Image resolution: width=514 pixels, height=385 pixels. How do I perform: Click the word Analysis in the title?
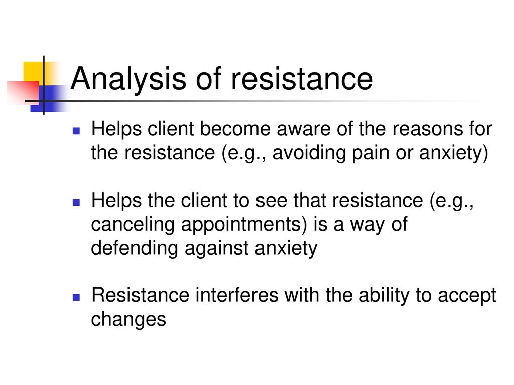128,79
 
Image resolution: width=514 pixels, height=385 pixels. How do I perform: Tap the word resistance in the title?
302,79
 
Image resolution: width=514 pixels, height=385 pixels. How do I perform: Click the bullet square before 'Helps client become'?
76,131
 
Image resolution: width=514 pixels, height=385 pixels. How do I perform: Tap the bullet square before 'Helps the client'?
76,203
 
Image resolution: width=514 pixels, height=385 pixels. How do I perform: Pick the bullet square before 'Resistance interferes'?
76,297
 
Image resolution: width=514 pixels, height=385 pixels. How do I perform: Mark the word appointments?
244,225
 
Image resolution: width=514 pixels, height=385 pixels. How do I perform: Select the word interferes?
236,295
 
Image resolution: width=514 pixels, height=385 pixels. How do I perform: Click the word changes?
128,320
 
